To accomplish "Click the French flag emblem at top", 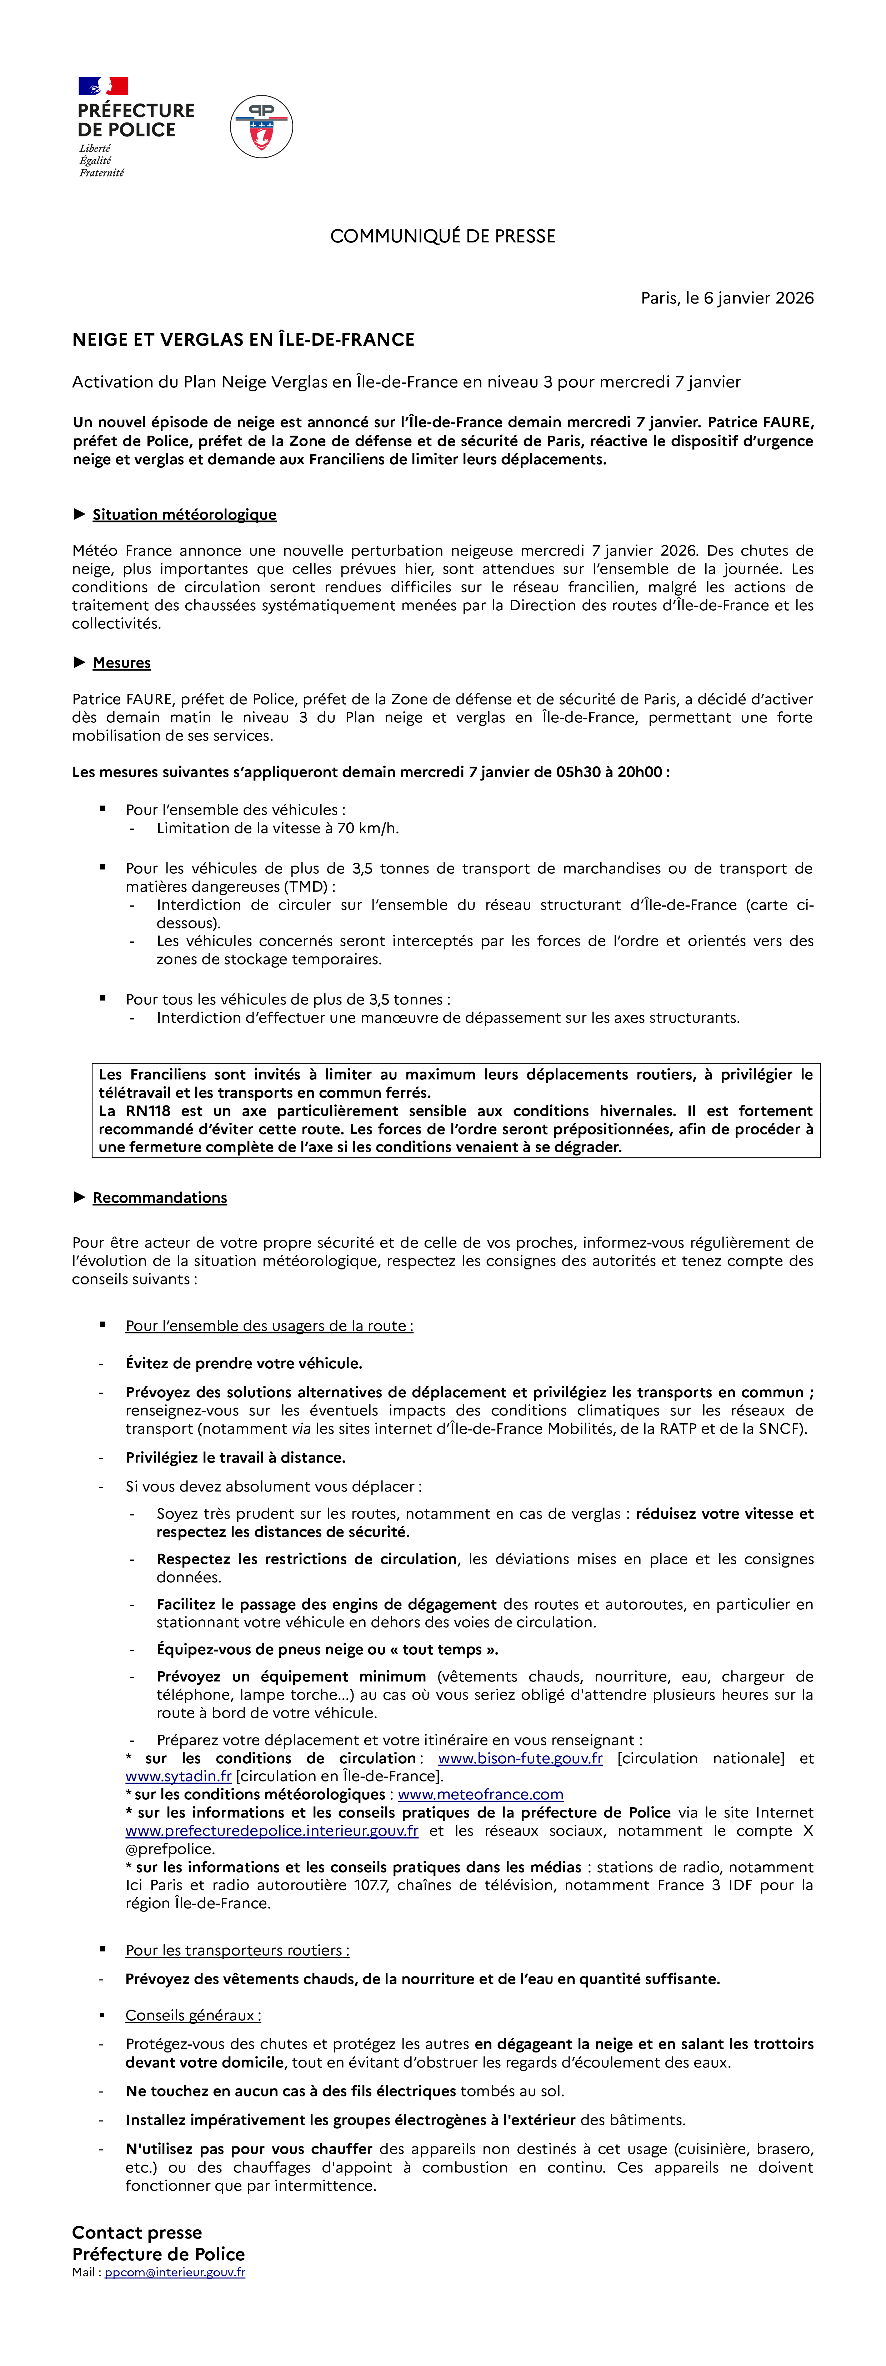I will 103,86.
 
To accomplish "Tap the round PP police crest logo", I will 262,127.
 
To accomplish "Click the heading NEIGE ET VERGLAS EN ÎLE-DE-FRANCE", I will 243,340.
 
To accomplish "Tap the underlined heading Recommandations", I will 160,1198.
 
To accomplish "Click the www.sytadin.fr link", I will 178,1776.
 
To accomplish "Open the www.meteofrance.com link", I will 480,1795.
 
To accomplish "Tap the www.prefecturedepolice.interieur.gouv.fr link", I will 272,1830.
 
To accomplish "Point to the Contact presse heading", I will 137,2232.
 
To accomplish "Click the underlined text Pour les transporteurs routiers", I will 237,1950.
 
